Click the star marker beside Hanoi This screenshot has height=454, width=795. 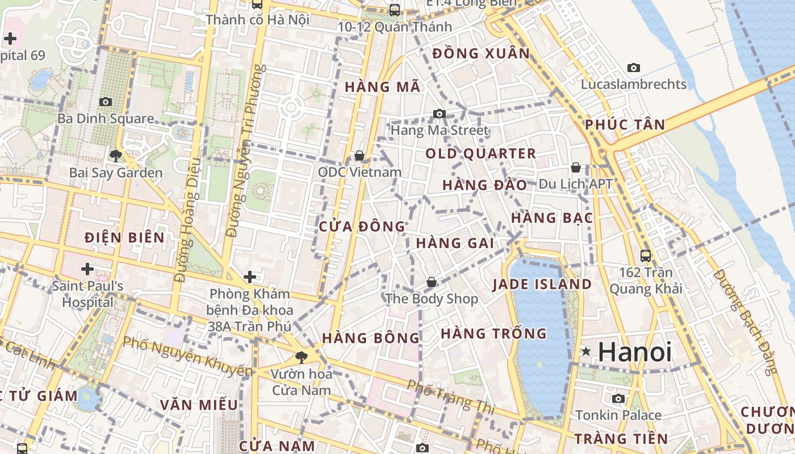pos(585,352)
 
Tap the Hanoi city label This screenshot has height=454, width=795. pos(635,352)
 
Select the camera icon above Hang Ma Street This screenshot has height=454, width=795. pos(439,113)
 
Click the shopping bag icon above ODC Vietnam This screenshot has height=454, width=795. pos(359,155)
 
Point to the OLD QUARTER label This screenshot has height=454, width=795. pos(480,153)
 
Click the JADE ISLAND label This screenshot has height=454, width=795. pos(542,284)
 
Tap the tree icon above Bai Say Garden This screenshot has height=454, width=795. pos(116,155)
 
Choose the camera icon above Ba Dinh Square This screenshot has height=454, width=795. pos(105,102)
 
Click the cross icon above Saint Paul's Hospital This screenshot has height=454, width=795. pos(87,268)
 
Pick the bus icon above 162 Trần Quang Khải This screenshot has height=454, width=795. pos(645,256)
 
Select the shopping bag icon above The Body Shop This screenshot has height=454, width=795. pos(432,282)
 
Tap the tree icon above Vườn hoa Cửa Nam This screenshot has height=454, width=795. pos(301,357)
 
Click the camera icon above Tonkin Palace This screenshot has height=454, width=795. pos(618,398)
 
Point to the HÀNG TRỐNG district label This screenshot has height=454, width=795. pos(493,333)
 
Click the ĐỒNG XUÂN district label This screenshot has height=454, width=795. pos(480,54)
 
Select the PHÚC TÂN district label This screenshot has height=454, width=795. pos(625,125)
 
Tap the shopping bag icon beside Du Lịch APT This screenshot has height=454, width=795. pos(575,167)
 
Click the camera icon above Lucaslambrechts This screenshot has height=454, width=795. pos(633,68)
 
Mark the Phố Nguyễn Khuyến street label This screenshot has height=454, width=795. pos(187,356)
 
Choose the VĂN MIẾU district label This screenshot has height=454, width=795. pos(199,405)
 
